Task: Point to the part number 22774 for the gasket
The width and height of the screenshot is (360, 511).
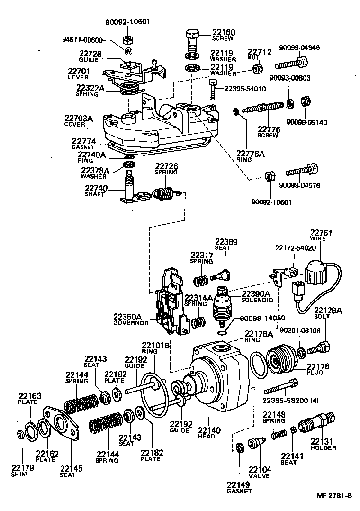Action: [84, 141]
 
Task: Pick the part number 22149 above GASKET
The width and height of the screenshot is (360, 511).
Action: [237, 484]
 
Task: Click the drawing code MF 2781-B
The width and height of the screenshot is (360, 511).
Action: [334, 496]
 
